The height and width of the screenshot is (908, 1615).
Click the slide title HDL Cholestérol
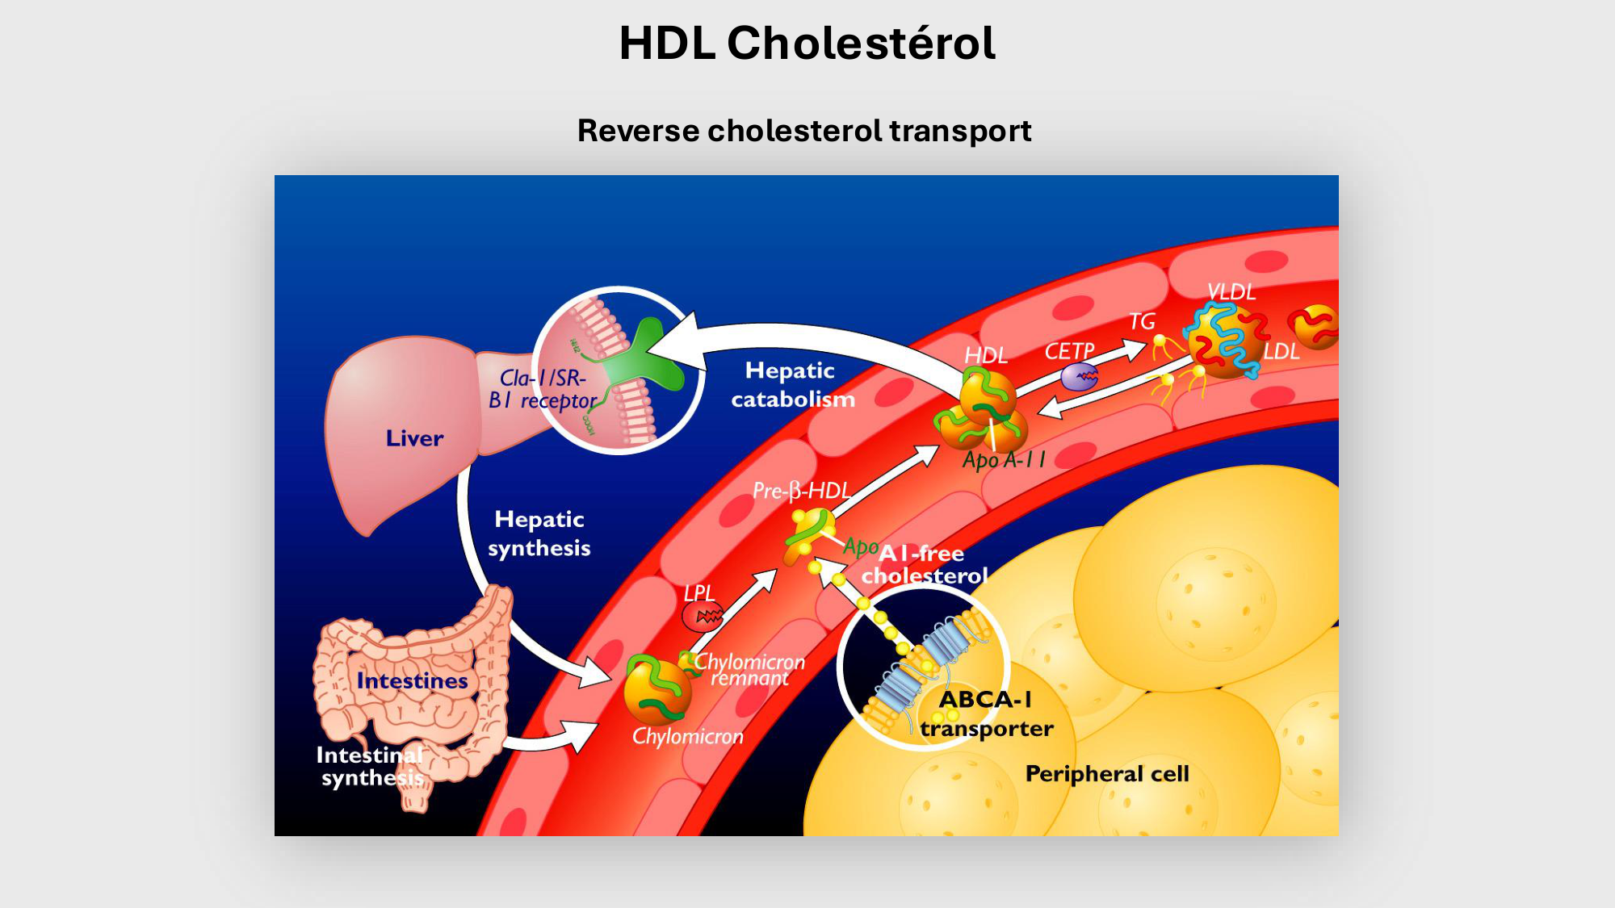click(x=807, y=43)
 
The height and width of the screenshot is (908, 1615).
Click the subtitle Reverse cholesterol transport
click(x=804, y=131)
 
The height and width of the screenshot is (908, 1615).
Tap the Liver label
click(x=414, y=438)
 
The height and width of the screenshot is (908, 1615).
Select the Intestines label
click(x=412, y=681)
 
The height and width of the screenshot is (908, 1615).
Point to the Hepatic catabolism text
click(x=792, y=385)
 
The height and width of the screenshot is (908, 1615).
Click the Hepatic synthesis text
click(x=539, y=534)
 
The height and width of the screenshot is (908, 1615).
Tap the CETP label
click(x=1069, y=351)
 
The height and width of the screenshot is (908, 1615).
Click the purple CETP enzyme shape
click(x=1079, y=376)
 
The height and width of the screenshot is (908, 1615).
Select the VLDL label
click(x=1231, y=292)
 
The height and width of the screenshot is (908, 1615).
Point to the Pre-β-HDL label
click(x=801, y=491)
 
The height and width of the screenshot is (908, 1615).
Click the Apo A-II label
click(x=1004, y=460)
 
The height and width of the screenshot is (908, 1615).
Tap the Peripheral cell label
click(x=1107, y=774)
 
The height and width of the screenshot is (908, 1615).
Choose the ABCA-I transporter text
click(x=986, y=714)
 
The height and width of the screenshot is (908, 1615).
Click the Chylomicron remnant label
click(x=750, y=670)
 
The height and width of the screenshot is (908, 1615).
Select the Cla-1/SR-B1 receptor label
click(x=542, y=389)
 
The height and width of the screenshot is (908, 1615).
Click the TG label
click(x=1142, y=321)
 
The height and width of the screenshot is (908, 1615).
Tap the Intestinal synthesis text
click(x=371, y=767)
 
